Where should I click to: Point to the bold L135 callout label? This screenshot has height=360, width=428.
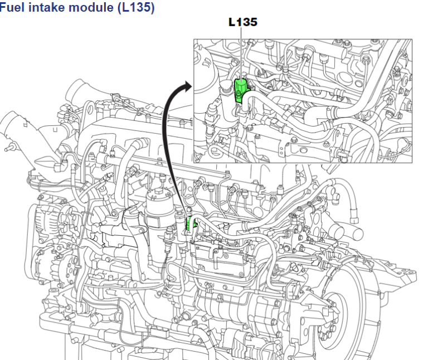click(x=243, y=23)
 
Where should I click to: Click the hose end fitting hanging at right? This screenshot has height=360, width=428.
click(x=354, y=210)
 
